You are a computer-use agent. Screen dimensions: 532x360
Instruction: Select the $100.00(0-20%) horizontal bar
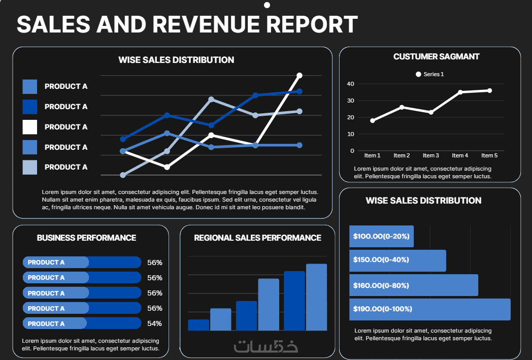point(381,236)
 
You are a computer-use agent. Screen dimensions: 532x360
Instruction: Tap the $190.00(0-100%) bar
point(430,309)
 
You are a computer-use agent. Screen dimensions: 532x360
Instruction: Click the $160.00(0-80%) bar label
point(381,285)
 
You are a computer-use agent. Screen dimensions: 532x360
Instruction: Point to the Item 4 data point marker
point(460,92)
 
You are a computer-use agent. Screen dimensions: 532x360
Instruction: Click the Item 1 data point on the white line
point(373,120)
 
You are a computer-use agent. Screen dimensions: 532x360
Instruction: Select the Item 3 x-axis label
point(430,155)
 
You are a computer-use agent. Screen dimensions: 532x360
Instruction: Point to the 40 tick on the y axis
point(350,84)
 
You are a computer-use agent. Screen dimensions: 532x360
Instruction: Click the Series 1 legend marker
point(418,74)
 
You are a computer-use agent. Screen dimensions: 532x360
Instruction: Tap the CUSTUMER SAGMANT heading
point(437,57)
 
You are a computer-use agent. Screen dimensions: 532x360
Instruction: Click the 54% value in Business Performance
point(154,323)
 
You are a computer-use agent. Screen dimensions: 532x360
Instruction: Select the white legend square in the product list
point(30,127)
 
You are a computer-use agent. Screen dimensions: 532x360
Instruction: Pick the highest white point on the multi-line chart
point(300,75)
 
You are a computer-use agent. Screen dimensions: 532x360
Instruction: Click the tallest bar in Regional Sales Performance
point(317,297)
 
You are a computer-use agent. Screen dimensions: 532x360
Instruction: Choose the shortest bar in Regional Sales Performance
point(198,325)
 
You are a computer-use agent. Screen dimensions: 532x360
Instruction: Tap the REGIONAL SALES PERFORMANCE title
point(257,238)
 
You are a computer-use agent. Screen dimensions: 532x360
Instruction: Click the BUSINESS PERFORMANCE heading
point(86,238)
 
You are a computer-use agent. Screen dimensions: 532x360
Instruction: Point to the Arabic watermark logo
point(266,346)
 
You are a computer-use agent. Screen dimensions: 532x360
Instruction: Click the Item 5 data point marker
point(489,90)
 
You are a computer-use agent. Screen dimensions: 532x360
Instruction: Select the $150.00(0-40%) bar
point(397,260)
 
